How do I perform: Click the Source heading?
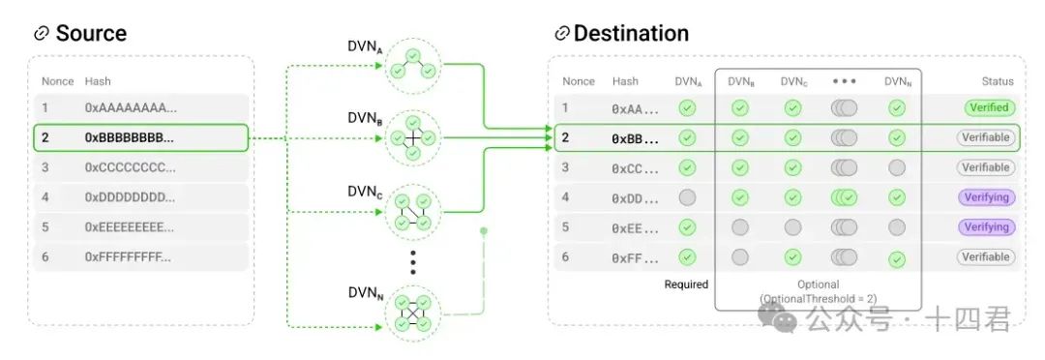tap(91, 33)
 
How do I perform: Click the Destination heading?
tap(631, 33)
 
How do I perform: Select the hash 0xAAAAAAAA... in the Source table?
tap(132, 108)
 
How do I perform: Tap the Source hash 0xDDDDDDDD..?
tap(130, 197)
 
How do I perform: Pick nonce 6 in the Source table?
tap(45, 256)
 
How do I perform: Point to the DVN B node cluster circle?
tap(412, 138)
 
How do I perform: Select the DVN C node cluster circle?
tap(412, 212)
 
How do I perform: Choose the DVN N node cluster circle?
tap(412, 315)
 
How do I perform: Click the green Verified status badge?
tap(989, 108)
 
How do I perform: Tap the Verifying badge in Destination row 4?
tap(986, 197)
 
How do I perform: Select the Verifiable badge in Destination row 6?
tap(986, 256)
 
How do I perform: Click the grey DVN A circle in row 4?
tap(686, 197)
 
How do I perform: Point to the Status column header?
tap(997, 81)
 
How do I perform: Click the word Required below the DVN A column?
tap(686, 285)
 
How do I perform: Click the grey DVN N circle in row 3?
tap(897, 167)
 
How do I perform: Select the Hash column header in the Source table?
tap(98, 81)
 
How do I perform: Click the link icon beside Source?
tap(42, 33)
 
